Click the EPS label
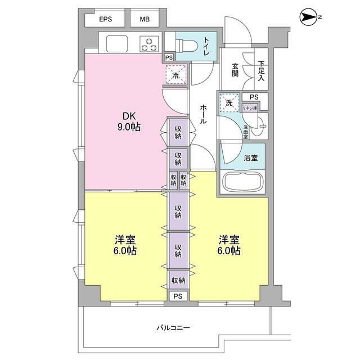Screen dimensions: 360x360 [x=105, y=19]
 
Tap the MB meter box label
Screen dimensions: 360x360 [x=145, y=19]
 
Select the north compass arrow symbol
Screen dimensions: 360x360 [x=308, y=17]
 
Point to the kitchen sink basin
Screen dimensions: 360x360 [x=117, y=44]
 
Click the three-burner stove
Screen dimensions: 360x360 [x=149, y=44]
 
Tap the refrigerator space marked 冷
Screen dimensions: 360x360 [x=176, y=75]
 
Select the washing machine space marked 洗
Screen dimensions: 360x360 [x=229, y=102]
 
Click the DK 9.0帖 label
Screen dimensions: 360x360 [x=129, y=121]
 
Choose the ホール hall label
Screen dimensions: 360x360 [x=203, y=114]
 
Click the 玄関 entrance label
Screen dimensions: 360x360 [x=235, y=70]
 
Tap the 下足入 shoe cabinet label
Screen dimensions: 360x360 [x=261, y=71]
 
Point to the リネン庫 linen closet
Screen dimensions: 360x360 [x=250, y=108]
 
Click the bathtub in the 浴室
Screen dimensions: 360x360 [x=243, y=181]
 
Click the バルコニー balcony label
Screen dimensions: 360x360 [x=173, y=327]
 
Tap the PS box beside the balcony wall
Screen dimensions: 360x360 [x=178, y=296]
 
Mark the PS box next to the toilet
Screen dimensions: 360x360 [x=169, y=57]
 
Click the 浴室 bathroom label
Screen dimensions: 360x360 [x=251, y=157]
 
